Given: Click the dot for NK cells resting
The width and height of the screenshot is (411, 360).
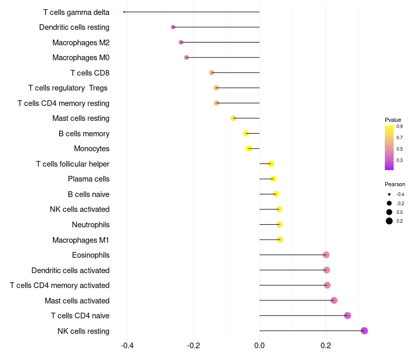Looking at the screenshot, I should pos(364,331).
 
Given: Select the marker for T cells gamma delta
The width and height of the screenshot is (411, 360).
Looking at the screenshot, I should pos(124,12).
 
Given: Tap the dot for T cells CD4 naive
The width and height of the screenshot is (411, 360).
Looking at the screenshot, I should pos(347,316).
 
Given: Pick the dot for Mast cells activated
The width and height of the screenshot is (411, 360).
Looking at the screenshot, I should pos(334,300).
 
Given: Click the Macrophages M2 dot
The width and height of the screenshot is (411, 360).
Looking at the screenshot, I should pos(181,42).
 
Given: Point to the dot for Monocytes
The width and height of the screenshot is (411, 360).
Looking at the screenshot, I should pos(249,149).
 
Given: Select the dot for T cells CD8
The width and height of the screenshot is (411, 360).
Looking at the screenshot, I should pos(212,73).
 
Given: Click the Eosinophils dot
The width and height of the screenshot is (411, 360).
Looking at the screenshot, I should pos(326,255).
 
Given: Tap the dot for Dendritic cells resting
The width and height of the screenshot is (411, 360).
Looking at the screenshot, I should pos(173,27).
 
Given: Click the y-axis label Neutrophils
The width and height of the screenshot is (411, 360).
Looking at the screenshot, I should pos(90,225).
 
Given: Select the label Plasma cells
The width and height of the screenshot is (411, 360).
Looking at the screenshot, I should pos(88,179).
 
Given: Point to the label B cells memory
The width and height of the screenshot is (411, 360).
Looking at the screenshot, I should pos(84,134).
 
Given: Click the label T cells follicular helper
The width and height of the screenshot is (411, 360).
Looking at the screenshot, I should pos(72,164).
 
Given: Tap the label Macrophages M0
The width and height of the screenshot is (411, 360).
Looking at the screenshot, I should pos(81,58).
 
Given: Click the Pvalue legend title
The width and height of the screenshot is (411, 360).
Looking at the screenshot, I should pos(393,120).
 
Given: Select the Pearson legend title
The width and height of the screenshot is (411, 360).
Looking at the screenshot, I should pos(395,184).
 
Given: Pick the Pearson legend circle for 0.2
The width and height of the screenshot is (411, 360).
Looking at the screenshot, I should pos(389,221).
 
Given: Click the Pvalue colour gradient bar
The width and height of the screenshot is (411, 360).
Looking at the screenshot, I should pos(389,148).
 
